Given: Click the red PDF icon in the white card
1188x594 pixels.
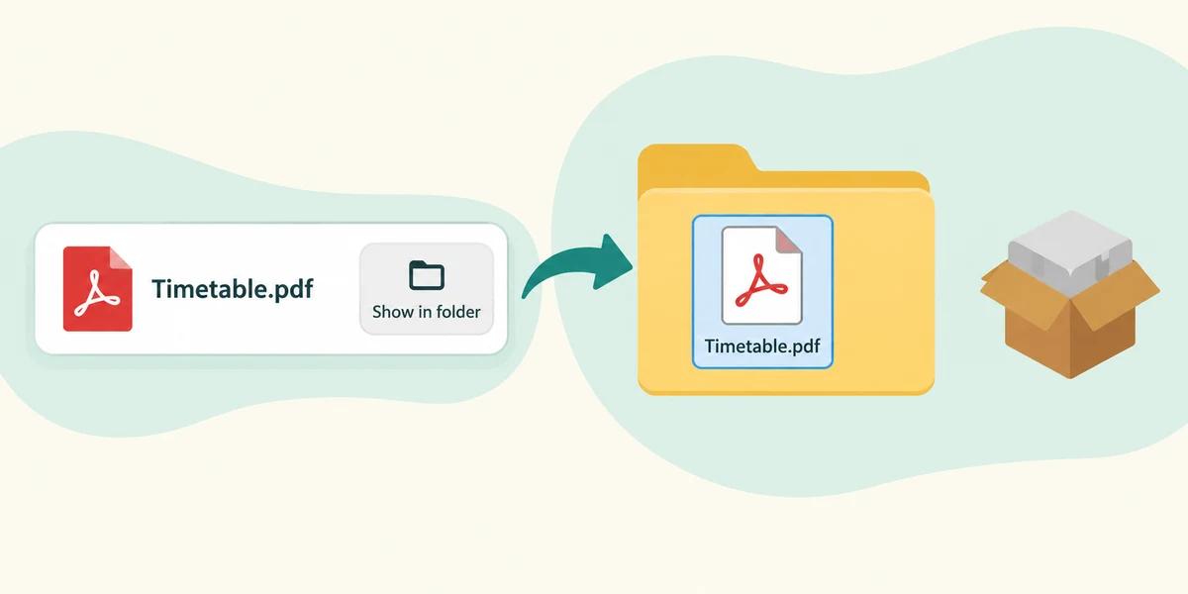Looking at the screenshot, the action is (98, 289).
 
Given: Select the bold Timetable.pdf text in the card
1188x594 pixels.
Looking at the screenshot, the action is (233, 289).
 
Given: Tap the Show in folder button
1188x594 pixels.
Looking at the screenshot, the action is (427, 288).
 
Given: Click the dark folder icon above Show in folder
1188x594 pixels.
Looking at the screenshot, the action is (427, 275).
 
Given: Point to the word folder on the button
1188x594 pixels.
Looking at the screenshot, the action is (454, 311).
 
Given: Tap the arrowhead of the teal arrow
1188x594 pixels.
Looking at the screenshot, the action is (614, 261).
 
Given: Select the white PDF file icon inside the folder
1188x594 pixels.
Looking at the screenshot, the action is (762, 275).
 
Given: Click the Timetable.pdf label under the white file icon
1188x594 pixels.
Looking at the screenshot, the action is (762, 346).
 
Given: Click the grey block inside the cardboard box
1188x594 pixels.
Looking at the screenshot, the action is (1070, 249).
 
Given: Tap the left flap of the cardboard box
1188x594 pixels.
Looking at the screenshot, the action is (1019, 293).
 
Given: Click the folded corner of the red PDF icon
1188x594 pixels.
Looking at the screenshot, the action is (121, 257).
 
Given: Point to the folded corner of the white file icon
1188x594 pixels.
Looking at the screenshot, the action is (789, 240).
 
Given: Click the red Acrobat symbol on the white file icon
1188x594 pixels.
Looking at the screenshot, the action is (761, 281).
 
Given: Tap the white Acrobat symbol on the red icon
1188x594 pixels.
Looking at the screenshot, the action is (97, 293).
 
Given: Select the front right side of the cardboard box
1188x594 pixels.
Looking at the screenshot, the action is (1103, 340).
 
